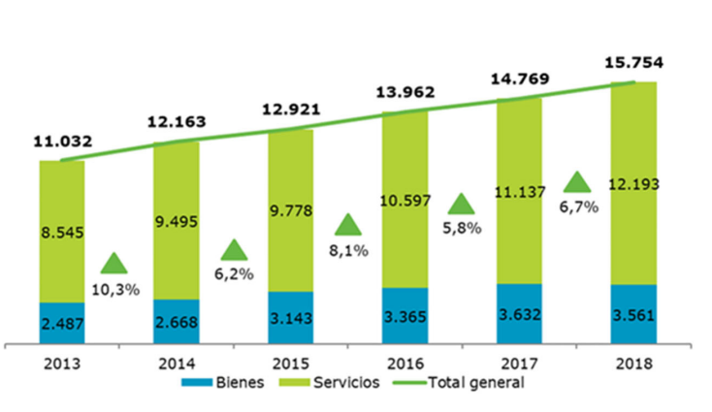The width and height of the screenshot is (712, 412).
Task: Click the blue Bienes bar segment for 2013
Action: [x=62, y=322]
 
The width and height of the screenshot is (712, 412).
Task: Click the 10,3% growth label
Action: [x=115, y=290]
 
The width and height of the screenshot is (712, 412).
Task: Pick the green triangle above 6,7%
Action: [x=578, y=181]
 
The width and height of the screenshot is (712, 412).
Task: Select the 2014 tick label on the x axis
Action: [x=176, y=365]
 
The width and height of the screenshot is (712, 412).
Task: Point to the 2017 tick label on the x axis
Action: [x=518, y=365]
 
